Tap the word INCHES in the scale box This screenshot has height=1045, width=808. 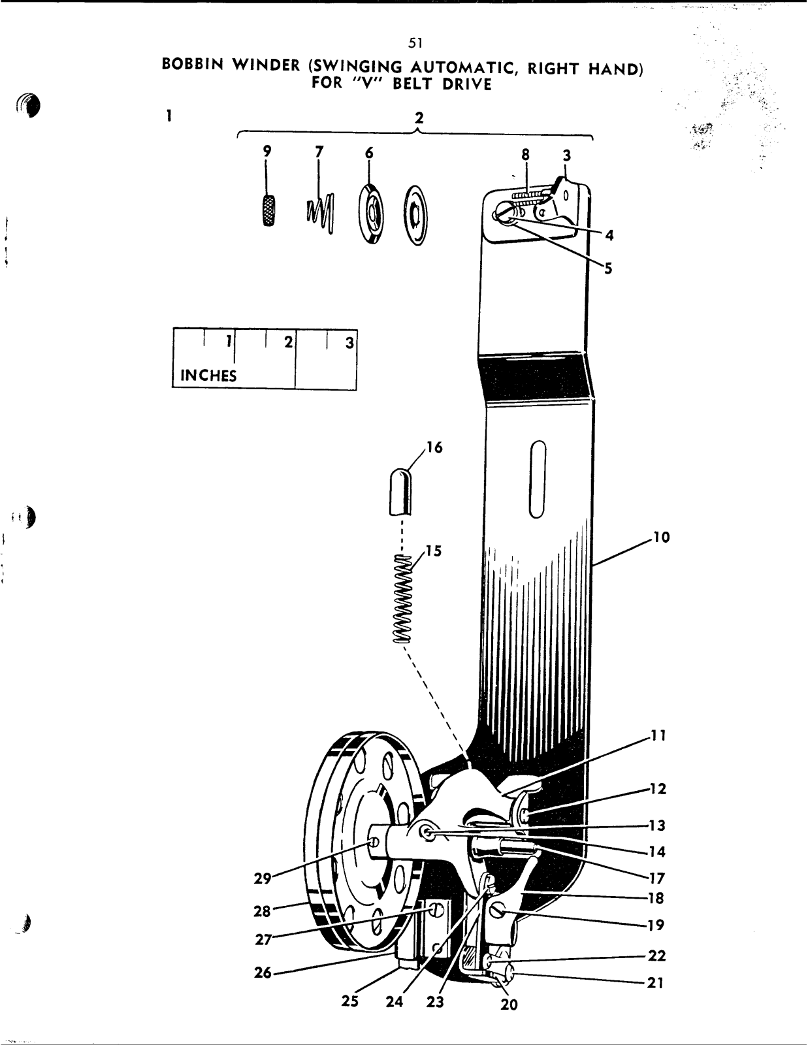(x=208, y=376)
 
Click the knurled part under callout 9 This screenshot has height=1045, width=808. (x=268, y=210)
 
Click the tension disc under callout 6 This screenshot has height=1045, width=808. (x=371, y=215)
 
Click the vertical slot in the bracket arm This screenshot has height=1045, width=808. (x=538, y=479)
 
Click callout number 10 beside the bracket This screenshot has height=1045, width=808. (x=661, y=538)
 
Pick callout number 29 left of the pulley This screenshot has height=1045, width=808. (x=263, y=878)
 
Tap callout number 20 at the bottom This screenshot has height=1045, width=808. (x=509, y=1005)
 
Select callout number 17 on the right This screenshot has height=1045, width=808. (x=656, y=878)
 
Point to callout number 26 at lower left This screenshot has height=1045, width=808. (x=263, y=973)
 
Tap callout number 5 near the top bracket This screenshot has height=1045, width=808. (x=608, y=268)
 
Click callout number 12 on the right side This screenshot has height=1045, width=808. (x=657, y=788)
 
